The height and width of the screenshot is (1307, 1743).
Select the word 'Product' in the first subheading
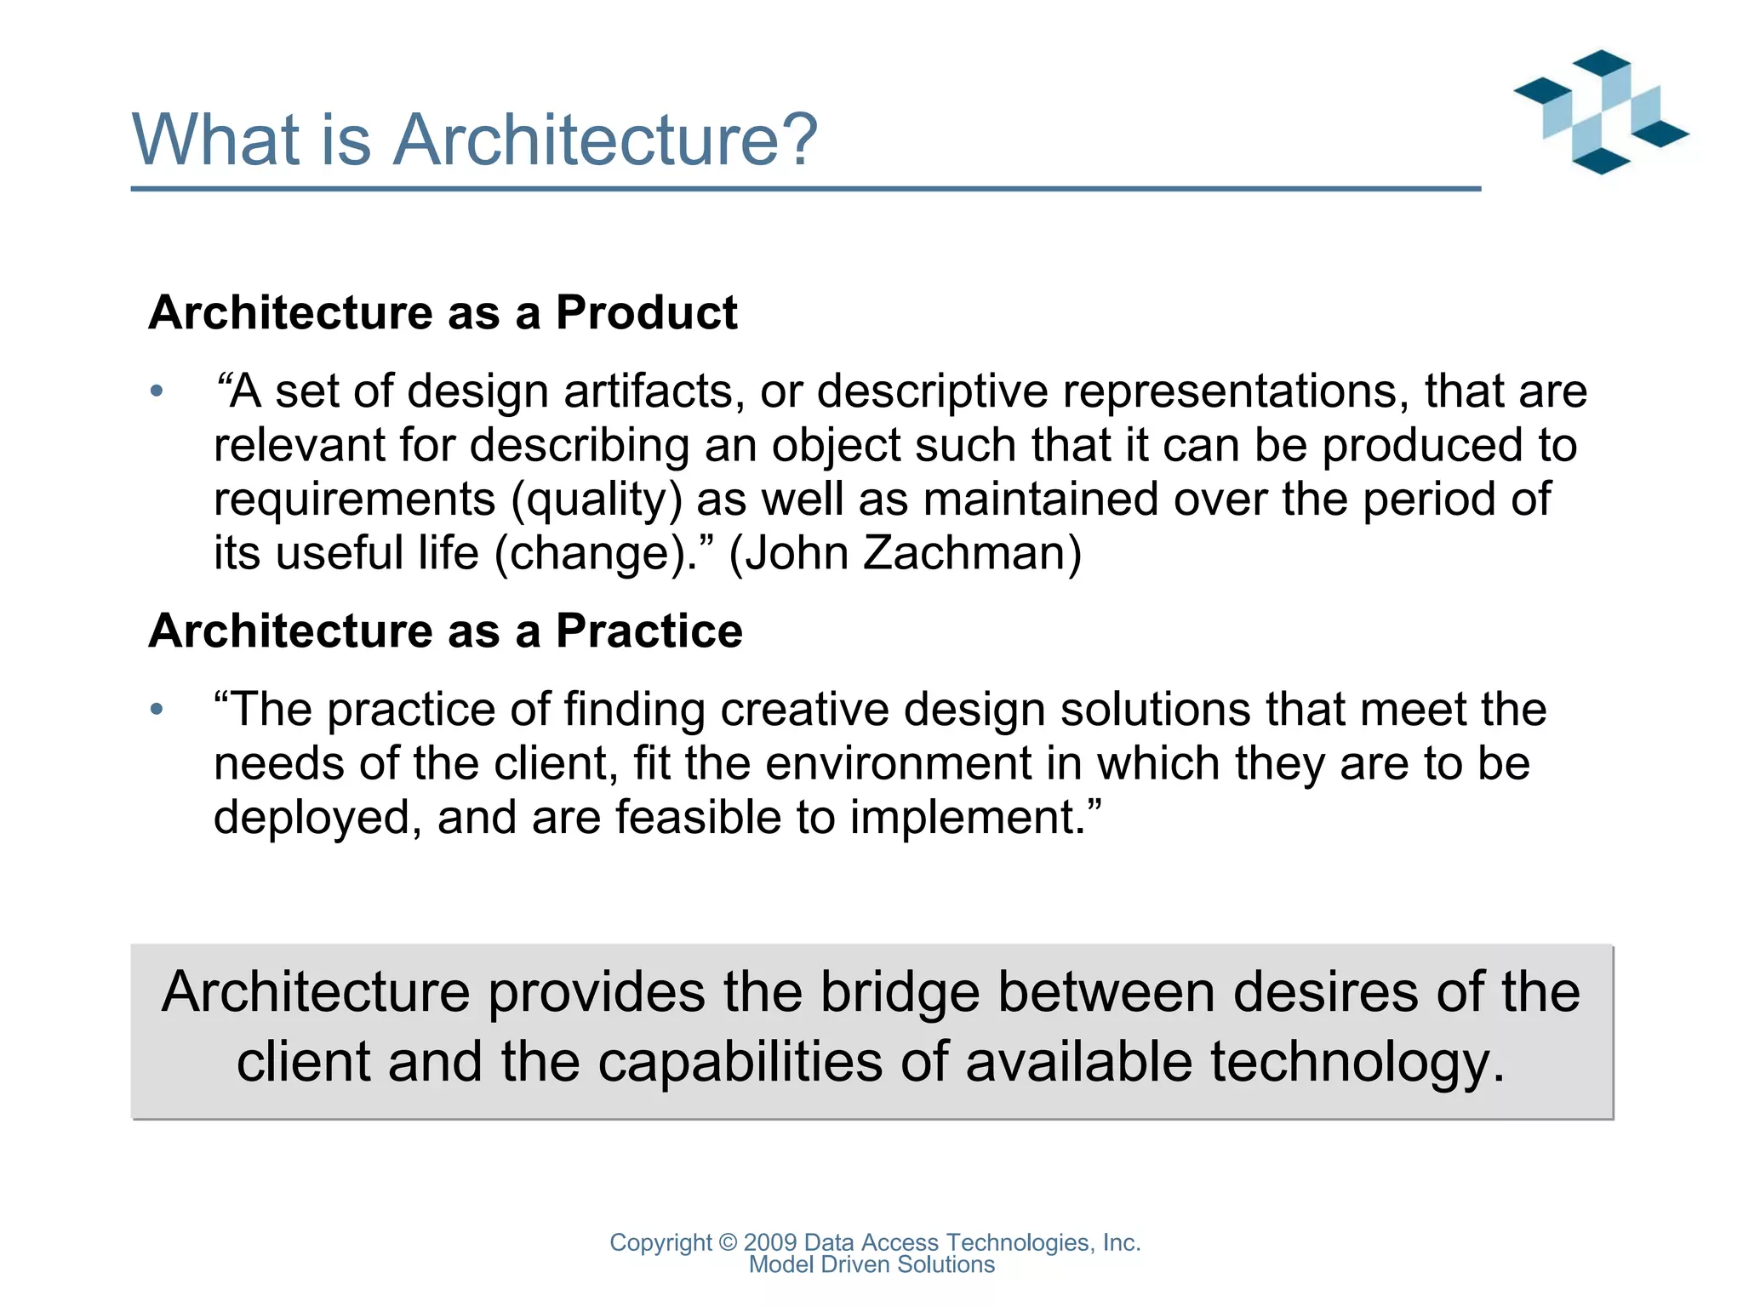click(x=646, y=312)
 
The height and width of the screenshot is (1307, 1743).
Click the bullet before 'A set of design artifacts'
click(x=156, y=391)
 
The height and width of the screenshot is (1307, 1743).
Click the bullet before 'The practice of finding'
click(x=156, y=709)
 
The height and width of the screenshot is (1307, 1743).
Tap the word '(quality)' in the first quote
click(x=597, y=499)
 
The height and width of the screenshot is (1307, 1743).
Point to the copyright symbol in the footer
click(x=728, y=1242)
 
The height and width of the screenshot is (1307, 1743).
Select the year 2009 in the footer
click(x=769, y=1242)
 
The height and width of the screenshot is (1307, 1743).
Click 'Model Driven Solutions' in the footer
click(x=871, y=1264)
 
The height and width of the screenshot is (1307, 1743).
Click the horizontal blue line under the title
click(x=805, y=189)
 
